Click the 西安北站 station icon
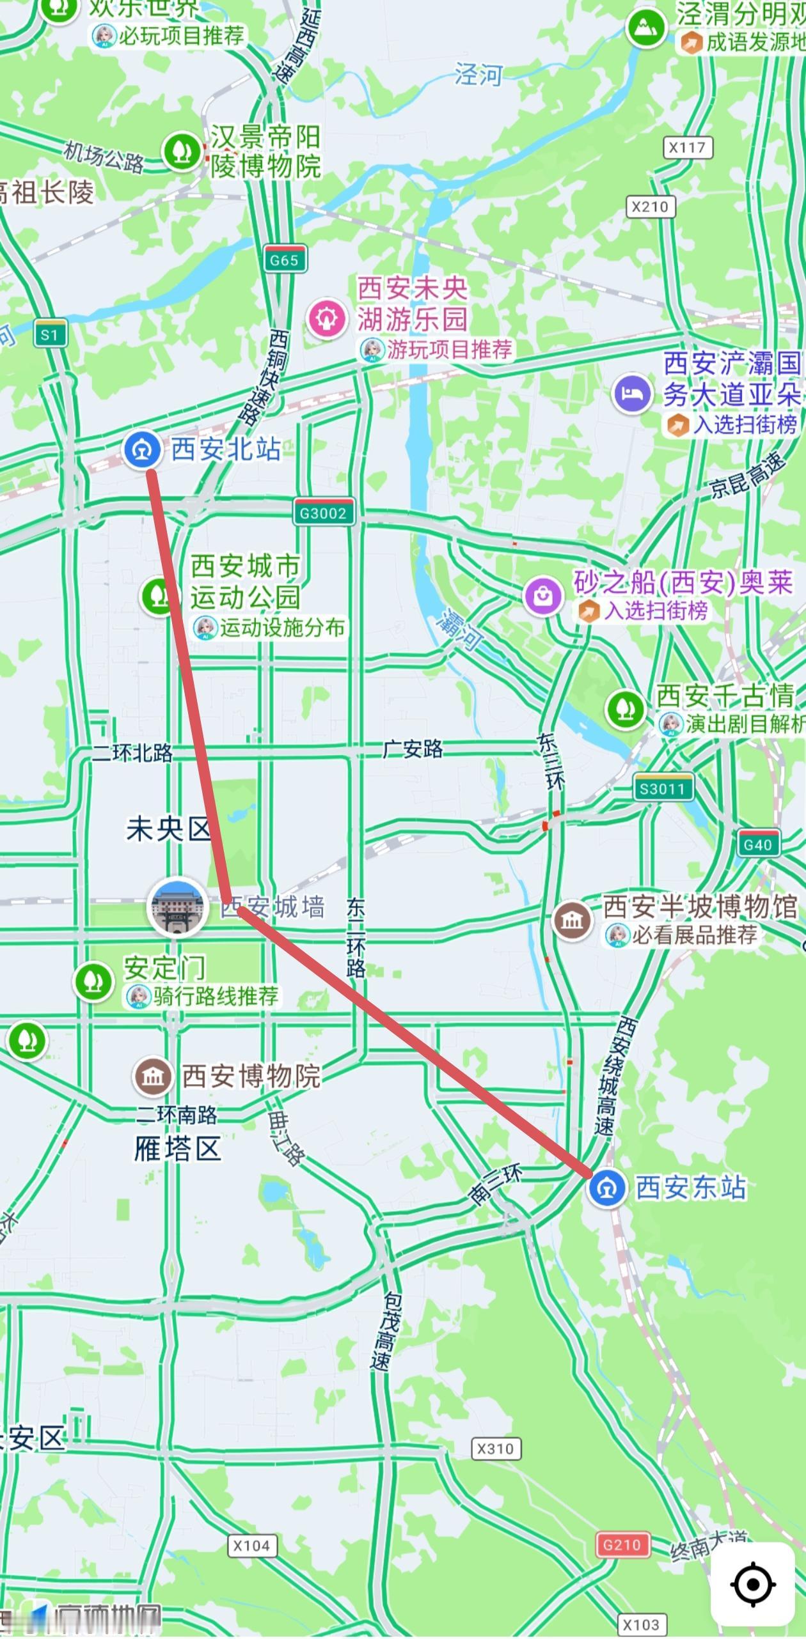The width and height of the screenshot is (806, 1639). coord(141,449)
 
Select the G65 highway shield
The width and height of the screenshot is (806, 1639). coord(285,260)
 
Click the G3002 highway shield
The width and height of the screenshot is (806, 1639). coord(324,513)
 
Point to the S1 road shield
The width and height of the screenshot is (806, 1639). coord(50,334)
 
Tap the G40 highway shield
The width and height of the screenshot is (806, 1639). coord(758,844)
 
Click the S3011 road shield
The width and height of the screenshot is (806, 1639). coord(663,789)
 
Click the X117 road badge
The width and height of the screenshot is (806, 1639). coord(687,148)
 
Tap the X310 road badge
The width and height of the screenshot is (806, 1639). coord(496,1448)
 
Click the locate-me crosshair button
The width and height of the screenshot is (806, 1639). coord(753,1584)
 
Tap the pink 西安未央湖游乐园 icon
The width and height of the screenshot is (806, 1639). coord(327,318)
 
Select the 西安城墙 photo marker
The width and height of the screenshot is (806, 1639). coord(178,907)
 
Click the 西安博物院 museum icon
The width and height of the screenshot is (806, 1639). coord(152,1076)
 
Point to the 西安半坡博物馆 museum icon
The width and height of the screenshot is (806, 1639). coord(572,920)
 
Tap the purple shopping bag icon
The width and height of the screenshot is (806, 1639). coord(543,596)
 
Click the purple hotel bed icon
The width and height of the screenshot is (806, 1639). coord(632,394)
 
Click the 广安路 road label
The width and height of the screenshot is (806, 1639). coord(413,749)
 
